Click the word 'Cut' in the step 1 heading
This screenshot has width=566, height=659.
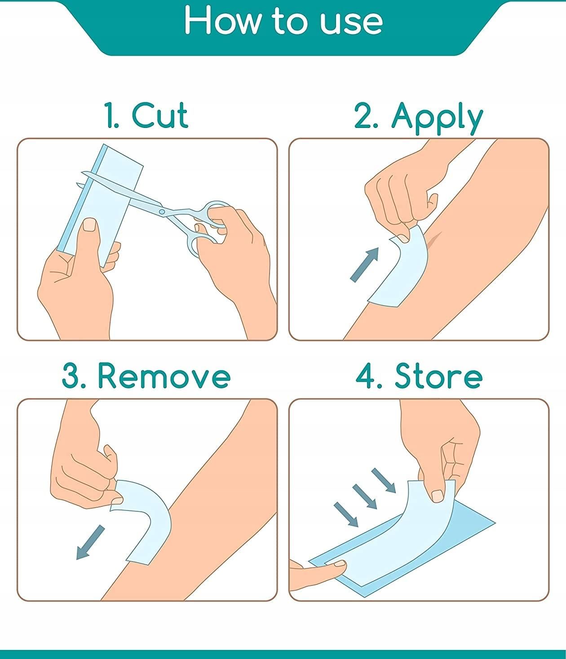pyautogui.click(x=159, y=115)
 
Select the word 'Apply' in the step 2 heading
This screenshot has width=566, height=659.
pyautogui.click(x=437, y=119)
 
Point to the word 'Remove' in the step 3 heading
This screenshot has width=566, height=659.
pyautogui.click(x=164, y=376)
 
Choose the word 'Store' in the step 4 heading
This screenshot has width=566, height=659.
pyautogui.click(x=439, y=376)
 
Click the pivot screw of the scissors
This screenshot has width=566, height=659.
pyautogui.click(x=162, y=212)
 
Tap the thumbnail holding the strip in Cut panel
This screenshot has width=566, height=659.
pyautogui.click(x=90, y=224)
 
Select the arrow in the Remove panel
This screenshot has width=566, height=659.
pyautogui.click(x=90, y=542)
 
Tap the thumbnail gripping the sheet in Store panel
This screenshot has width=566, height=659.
pyautogui.click(x=437, y=496)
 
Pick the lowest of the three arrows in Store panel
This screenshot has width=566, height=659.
pyautogui.click(x=346, y=515)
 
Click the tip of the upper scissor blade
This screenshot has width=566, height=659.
pyautogui.click(x=82, y=172)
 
